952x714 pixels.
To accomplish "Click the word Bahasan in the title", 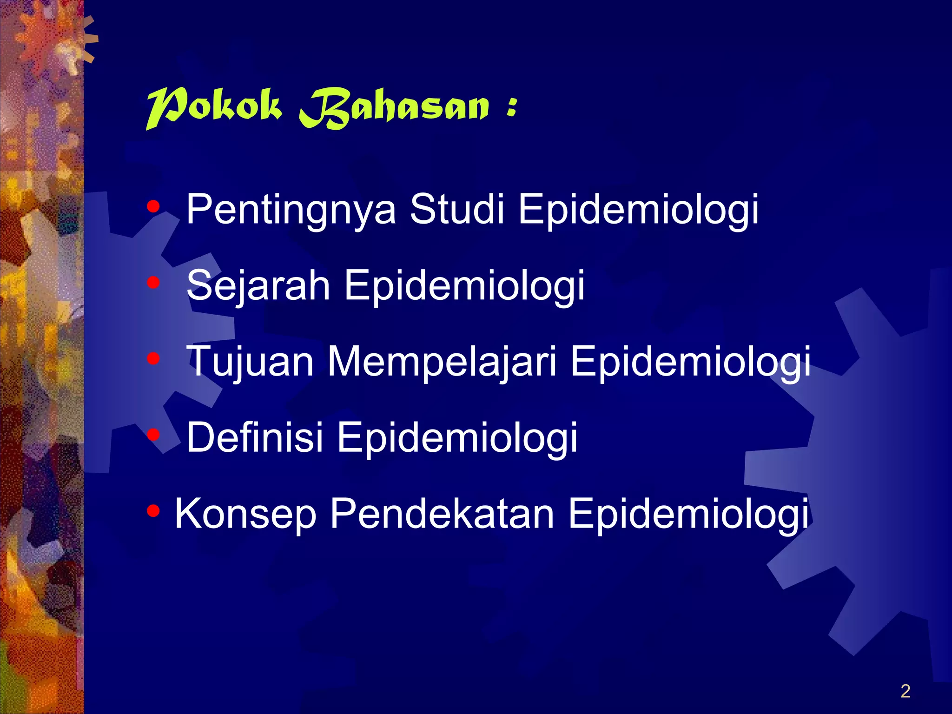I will (x=394, y=108).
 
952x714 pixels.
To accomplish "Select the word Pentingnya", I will (x=291, y=210).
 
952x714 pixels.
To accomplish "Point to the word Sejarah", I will (x=258, y=285).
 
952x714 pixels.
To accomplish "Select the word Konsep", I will (x=245, y=514).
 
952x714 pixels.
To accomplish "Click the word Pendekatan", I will (x=442, y=514).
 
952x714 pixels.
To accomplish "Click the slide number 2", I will (x=905, y=691).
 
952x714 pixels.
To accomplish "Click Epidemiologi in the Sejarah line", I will (x=464, y=285).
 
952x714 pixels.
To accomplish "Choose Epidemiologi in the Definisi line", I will (x=457, y=438).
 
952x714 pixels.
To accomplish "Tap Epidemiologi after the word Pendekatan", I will (x=688, y=515).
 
